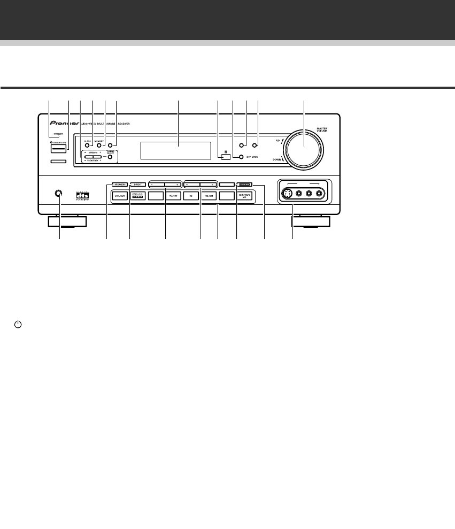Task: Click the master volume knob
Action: click(304, 146)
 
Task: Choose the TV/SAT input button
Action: click(173, 196)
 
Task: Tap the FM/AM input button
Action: click(209, 196)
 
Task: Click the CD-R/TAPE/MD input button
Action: click(245, 196)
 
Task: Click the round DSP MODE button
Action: click(241, 157)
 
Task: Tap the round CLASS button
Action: click(87, 145)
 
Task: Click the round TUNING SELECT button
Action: click(110, 157)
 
